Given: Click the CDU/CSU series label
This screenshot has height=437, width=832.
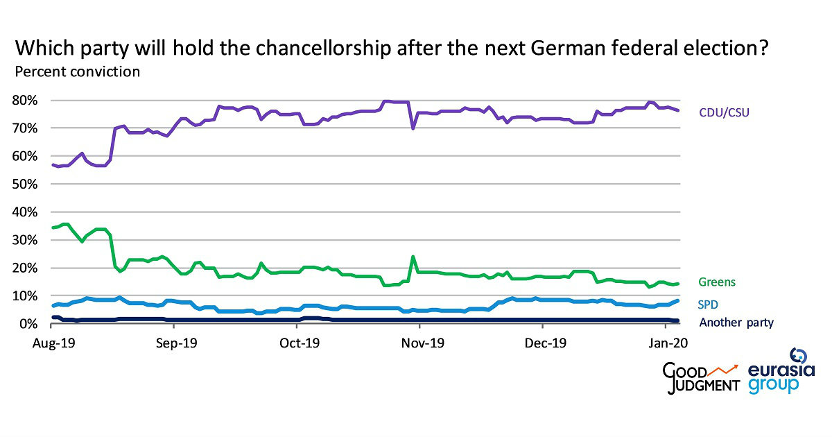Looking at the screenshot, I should [724, 112].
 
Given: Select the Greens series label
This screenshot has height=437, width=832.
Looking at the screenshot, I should [716, 282].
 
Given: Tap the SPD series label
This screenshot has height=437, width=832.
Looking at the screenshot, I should [709, 304].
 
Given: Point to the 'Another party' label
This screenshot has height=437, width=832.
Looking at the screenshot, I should [736, 323].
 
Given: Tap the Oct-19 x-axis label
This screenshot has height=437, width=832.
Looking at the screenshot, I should [300, 342].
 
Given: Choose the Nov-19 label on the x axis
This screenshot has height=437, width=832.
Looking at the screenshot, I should [424, 342].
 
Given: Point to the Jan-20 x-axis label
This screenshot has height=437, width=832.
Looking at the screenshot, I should [668, 342].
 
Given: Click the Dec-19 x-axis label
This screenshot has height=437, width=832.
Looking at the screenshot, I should [544, 342].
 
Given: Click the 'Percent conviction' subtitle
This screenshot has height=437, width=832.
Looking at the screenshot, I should [77, 71].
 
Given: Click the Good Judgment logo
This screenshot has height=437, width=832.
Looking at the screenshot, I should [701, 378].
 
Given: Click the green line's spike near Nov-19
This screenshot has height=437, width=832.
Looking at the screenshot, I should [413, 257].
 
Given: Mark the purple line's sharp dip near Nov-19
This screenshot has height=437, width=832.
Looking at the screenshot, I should [413, 128].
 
